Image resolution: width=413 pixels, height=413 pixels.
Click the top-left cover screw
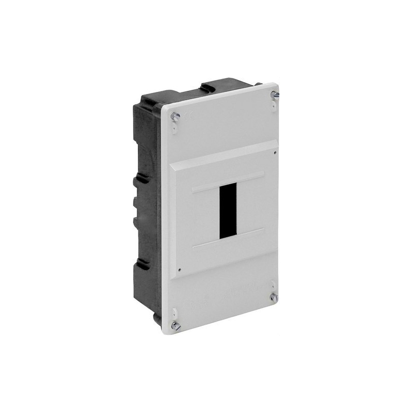click(x=176, y=117)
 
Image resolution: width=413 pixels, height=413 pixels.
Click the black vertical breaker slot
click(x=228, y=210)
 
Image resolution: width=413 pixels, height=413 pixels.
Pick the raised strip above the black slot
click(x=228, y=182)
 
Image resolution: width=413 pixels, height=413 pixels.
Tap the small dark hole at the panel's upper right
click(x=275, y=152)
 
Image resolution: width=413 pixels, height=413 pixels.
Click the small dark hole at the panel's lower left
click(x=179, y=269)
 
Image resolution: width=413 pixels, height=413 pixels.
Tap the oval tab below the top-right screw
click(x=273, y=105)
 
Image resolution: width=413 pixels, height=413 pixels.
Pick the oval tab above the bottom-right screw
click(x=273, y=285)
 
